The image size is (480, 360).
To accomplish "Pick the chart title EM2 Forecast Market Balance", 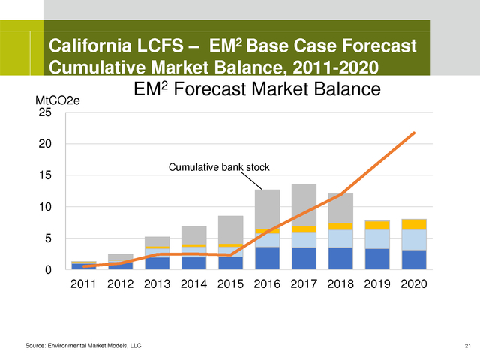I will [x=257, y=90].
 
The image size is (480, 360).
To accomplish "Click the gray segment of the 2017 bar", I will [x=304, y=204].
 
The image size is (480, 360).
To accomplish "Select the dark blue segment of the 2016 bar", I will [x=267, y=258].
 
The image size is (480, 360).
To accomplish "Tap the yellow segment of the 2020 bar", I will [x=413, y=224].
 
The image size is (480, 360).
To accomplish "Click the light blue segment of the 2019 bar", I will [x=376, y=239].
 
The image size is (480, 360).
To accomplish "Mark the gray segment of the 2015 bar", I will [x=230, y=229].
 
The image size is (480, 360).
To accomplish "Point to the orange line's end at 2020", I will [x=413, y=133].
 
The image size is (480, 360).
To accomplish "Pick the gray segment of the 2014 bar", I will [x=193, y=235].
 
